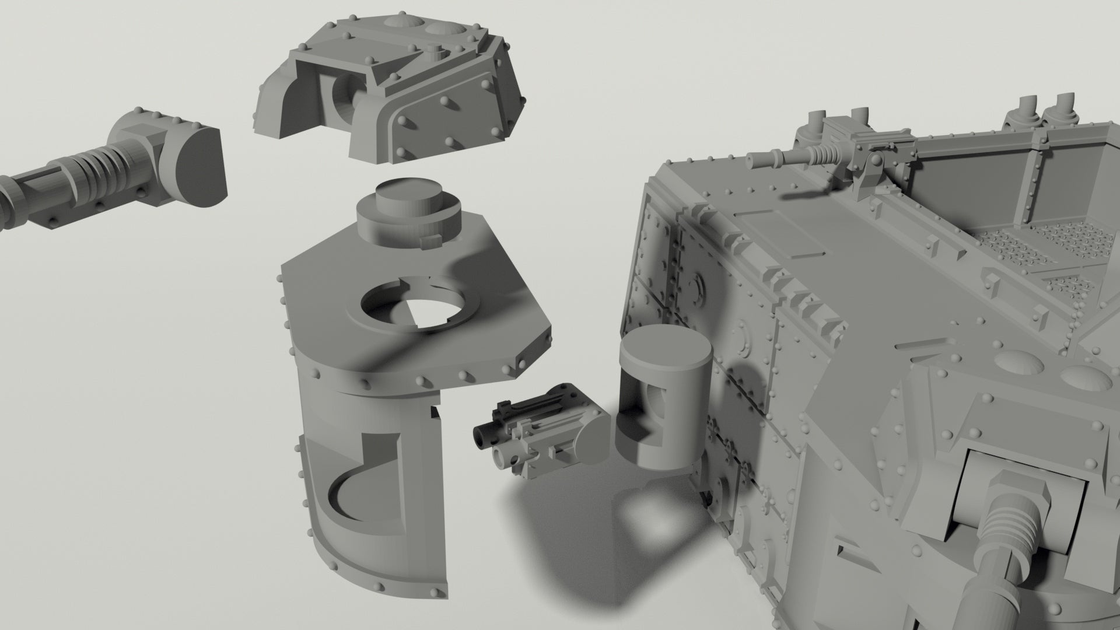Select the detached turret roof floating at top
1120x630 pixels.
pyautogui.click(x=391, y=87)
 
